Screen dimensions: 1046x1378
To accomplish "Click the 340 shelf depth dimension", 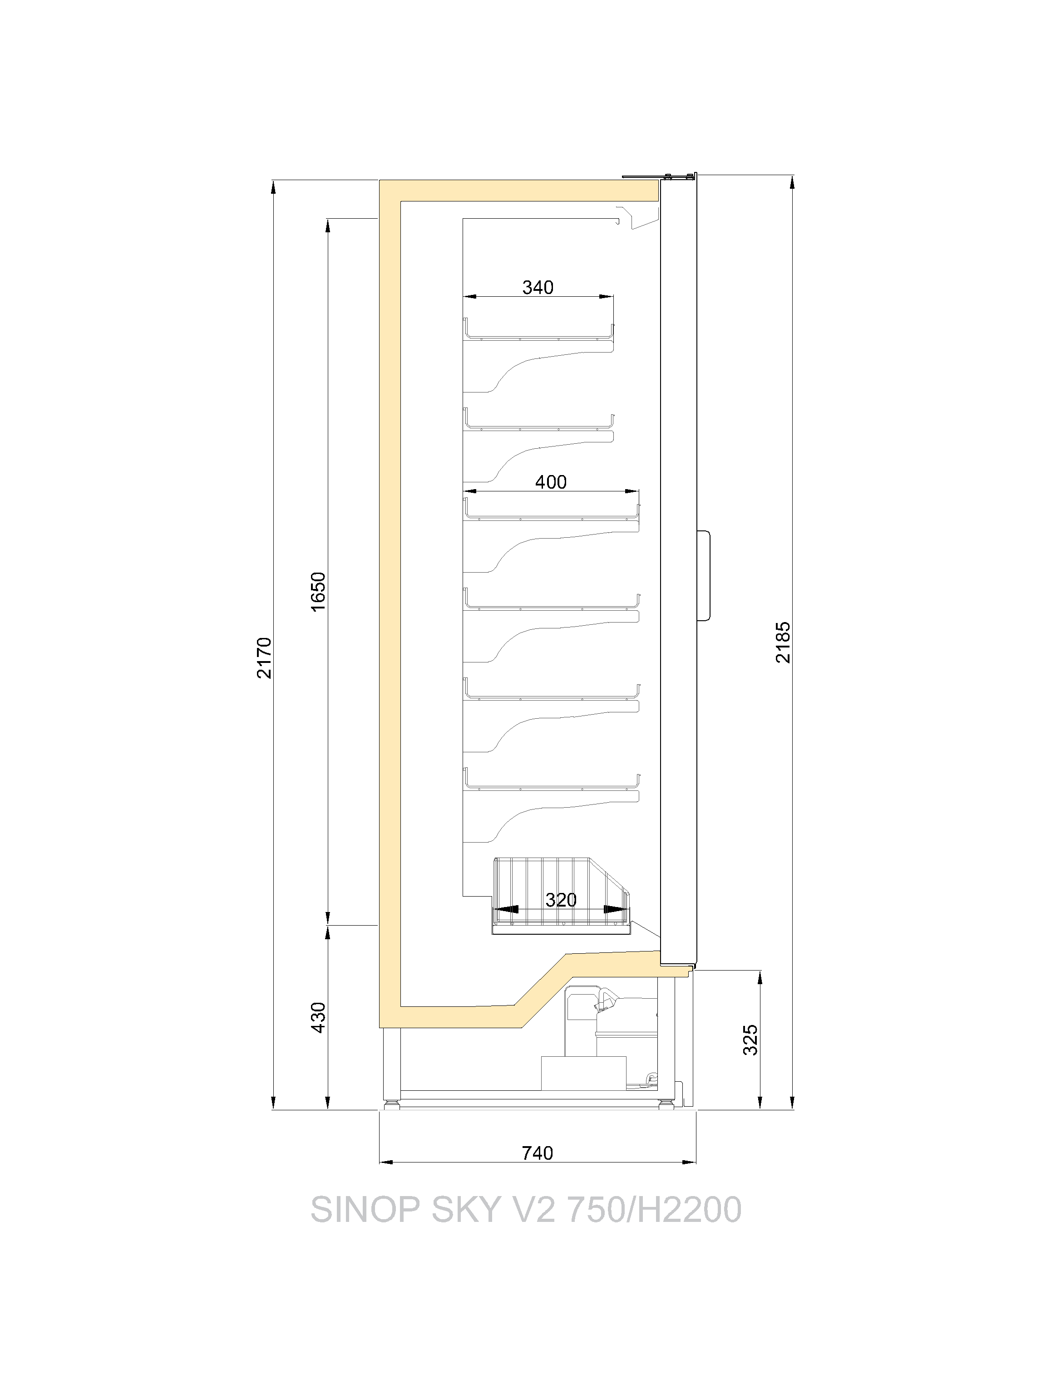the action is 538,287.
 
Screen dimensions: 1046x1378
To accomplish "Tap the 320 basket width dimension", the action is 561,900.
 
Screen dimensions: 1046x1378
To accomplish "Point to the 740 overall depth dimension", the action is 538,1153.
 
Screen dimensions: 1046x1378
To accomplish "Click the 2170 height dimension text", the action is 264,658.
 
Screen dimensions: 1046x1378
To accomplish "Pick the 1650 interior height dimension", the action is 318,592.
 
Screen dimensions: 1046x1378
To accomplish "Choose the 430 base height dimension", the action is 318,1017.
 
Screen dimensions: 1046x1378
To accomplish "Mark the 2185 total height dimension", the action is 783,642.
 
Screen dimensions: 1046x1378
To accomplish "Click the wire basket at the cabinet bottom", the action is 561,897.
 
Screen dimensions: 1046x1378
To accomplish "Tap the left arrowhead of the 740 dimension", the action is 386,1162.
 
